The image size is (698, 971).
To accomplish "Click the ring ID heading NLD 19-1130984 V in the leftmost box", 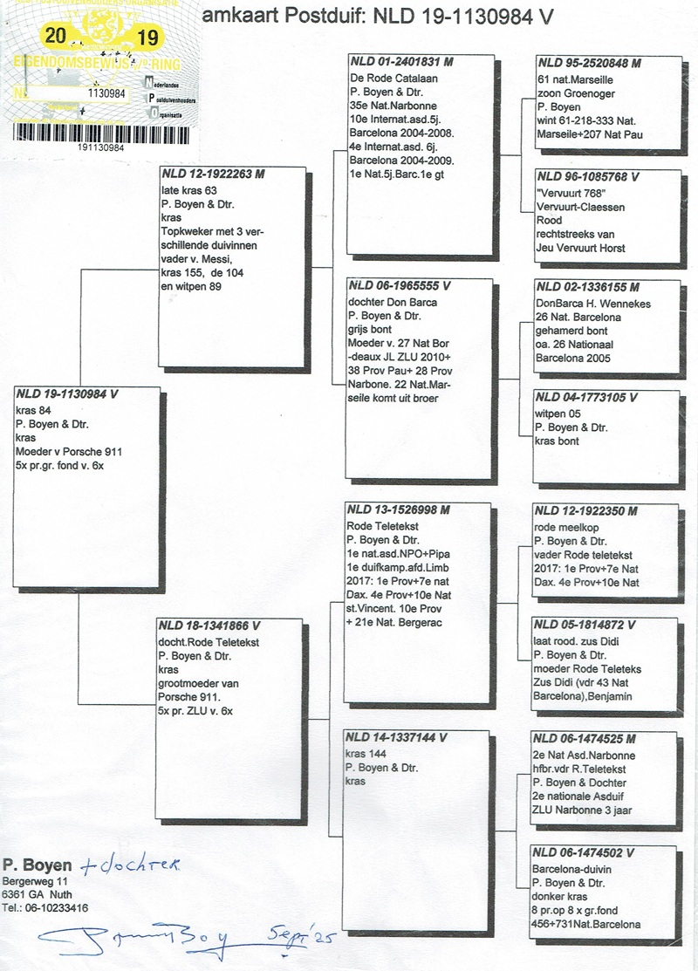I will pos(67,394).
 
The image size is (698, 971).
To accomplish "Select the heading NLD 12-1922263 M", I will pos(214,174).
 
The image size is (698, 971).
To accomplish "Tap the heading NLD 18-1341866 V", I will pos(209,626).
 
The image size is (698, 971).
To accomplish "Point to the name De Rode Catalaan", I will pos(380,78).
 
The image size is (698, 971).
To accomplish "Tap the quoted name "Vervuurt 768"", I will pos(571,191).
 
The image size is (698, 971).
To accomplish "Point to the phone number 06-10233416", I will pos(59,906).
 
